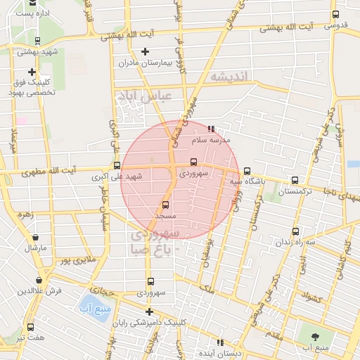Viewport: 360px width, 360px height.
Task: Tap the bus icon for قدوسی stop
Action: pyautogui.click(x=335, y=14)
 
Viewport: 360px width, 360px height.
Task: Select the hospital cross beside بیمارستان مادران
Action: pyautogui.click(x=146, y=51)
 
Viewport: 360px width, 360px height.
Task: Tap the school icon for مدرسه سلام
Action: pyautogui.click(x=212, y=129)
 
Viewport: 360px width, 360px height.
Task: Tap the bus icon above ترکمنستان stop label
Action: pyautogui.click(x=295, y=181)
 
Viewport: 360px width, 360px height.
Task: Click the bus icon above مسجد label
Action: pyautogui.click(x=166, y=205)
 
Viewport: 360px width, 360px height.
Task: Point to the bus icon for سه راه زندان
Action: pyautogui.click(x=295, y=231)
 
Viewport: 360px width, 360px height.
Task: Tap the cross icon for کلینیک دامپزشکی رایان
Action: pyautogui.click(x=149, y=311)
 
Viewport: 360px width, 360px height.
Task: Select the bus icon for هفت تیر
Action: pyautogui.click(x=30, y=327)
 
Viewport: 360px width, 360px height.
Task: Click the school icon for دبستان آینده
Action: pyautogui.click(x=221, y=342)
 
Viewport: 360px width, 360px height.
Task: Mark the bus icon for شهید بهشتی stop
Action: pyautogui.click(x=37, y=41)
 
